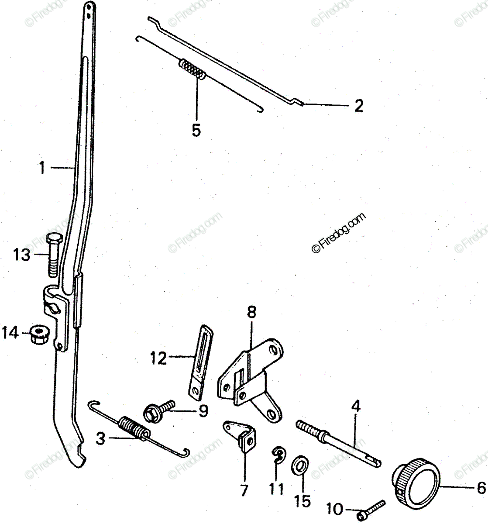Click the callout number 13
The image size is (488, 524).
point(21,254)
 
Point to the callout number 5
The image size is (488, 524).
point(196,130)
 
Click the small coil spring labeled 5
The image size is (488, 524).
point(192,69)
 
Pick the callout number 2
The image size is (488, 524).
point(358,106)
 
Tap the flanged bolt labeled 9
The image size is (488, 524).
point(158,410)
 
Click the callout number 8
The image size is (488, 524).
point(252,313)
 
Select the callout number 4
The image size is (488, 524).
point(356,407)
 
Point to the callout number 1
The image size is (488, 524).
point(42,168)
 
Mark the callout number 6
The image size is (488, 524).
point(480,487)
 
